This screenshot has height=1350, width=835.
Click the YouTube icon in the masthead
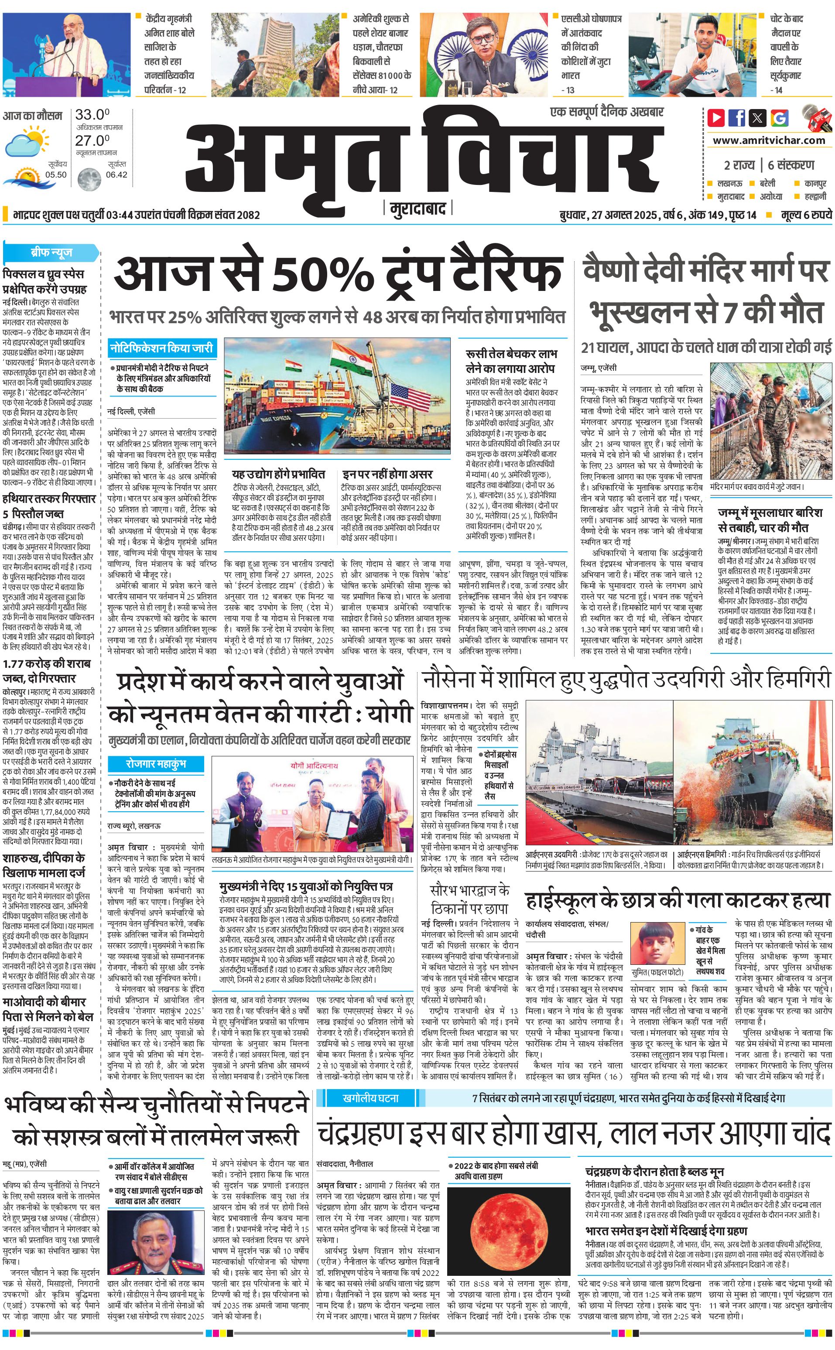click(x=716, y=118)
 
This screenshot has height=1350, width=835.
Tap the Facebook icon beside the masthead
click(x=737, y=118)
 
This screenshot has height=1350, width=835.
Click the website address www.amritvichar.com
click(x=769, y=140)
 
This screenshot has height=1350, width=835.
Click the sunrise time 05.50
click(x=56, y=174)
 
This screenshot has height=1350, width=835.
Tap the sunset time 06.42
click(x=116, y=174)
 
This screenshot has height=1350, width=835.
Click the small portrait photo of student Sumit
click(x=657, y=940)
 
